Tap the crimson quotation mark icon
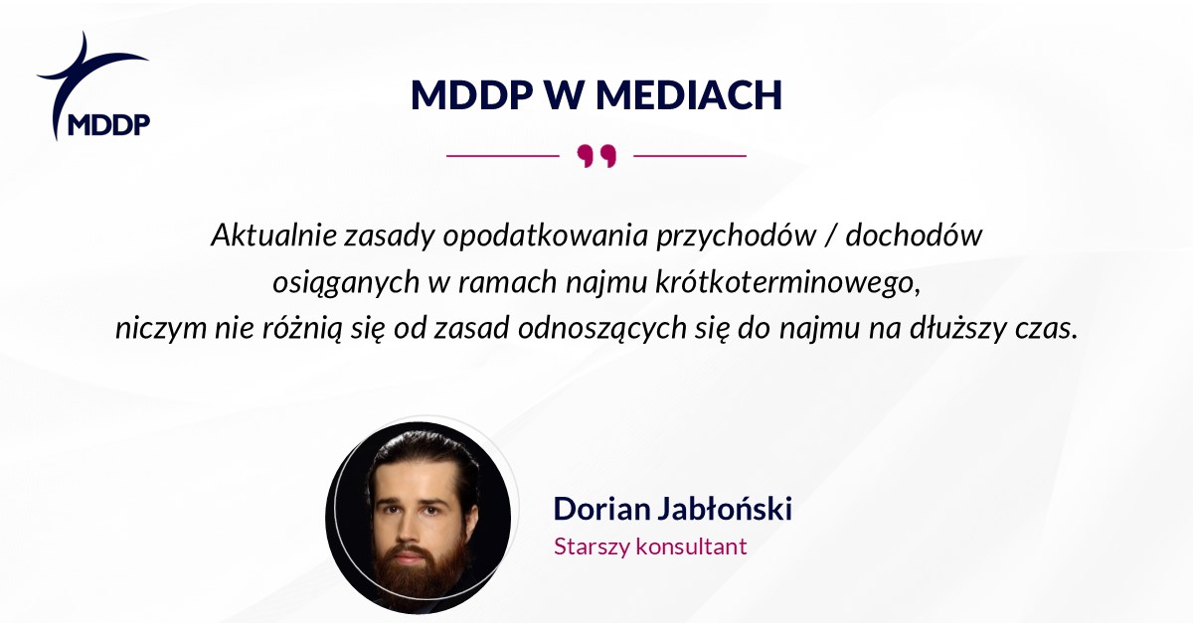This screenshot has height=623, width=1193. point(596,156)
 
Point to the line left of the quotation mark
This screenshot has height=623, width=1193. point(503,156)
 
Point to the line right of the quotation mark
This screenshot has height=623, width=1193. point(689,156)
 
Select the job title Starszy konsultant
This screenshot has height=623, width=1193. point(649,546)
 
